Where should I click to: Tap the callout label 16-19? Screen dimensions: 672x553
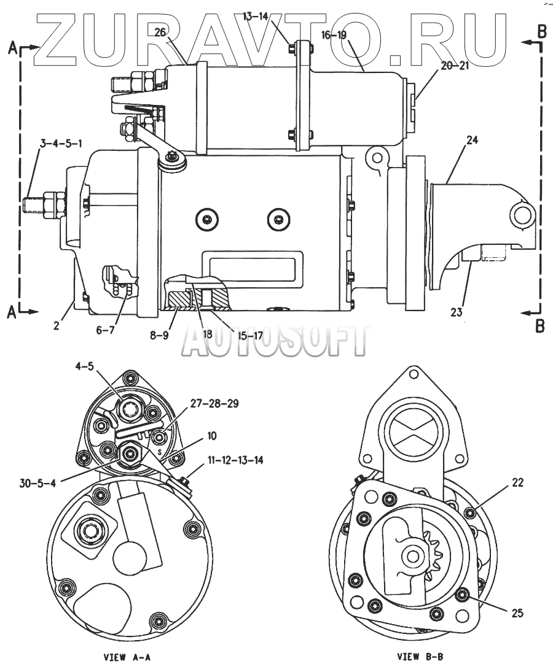tap(334, 35)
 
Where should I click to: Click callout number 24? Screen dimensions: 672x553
tap(471, 141)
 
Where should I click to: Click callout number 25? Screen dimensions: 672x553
tap(517, 611)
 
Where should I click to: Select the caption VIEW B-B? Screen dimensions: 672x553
tap(419, 657)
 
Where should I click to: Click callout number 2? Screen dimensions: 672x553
tap(56, 325)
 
